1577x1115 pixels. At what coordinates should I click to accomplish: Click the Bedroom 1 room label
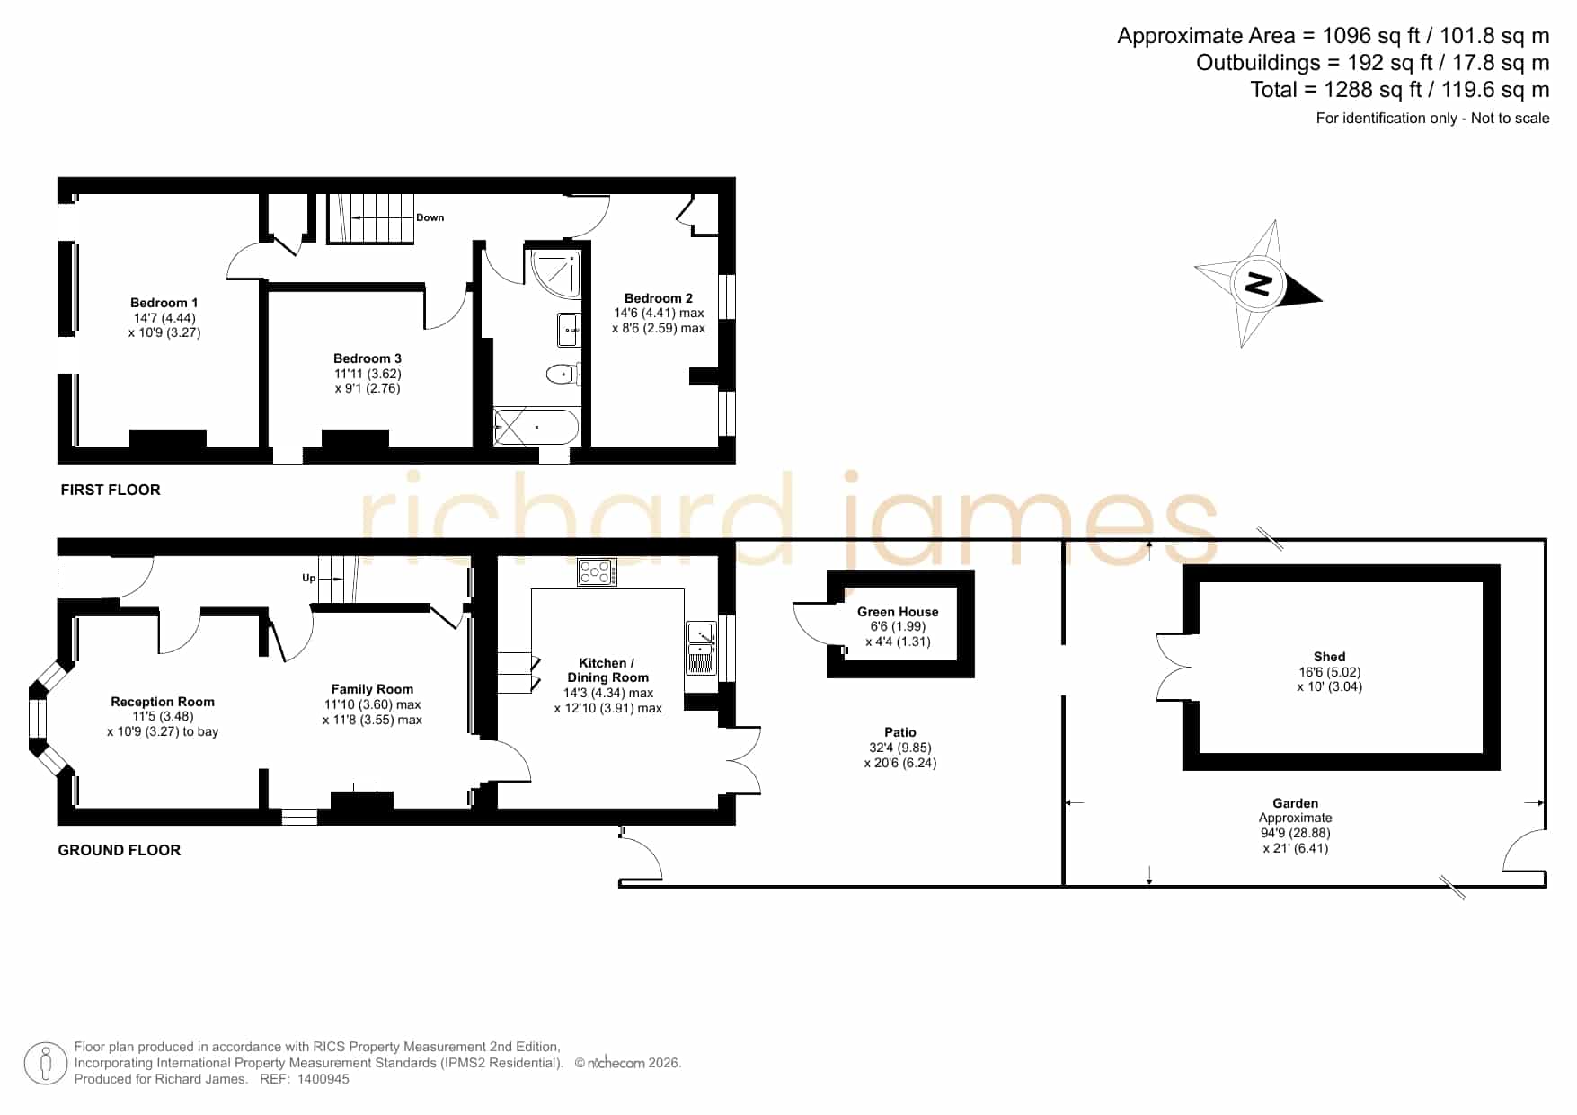[x=164, y=303]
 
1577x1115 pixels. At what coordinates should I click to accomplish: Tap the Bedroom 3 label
[x=368, y=358]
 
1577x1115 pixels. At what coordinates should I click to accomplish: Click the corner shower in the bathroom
[x=555, y=274]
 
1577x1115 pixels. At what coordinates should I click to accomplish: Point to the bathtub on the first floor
[x=536, y=427]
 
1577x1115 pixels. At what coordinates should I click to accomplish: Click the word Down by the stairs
[x=430, y=217]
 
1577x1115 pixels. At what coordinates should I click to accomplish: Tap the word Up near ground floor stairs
[x=309, y=578]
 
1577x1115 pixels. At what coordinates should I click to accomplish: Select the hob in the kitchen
[x=597, y=571]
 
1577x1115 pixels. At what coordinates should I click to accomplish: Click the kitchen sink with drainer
[x=701, y=648]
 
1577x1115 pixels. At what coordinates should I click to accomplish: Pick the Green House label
[x=898, y=612]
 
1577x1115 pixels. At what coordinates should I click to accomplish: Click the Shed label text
[x=1329, y=657]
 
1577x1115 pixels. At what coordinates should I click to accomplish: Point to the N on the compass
[x=1258, y=284]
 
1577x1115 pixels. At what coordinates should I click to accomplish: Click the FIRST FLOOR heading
[x=111, y=490]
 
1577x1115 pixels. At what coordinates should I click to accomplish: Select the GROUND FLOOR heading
[x=120, y=850]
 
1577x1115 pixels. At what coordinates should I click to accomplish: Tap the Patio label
[x=899, y=732]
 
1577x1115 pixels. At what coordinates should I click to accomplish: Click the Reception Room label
[x=163, y=702]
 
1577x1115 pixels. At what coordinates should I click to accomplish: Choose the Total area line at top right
[x=1400, y=90]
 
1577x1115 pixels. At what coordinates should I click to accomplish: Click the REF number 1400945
[x=323, y=1079]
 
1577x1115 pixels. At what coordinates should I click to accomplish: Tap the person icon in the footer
[x=45, y=1064]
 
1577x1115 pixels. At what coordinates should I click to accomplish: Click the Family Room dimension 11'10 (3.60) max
[x=372, y=704]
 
